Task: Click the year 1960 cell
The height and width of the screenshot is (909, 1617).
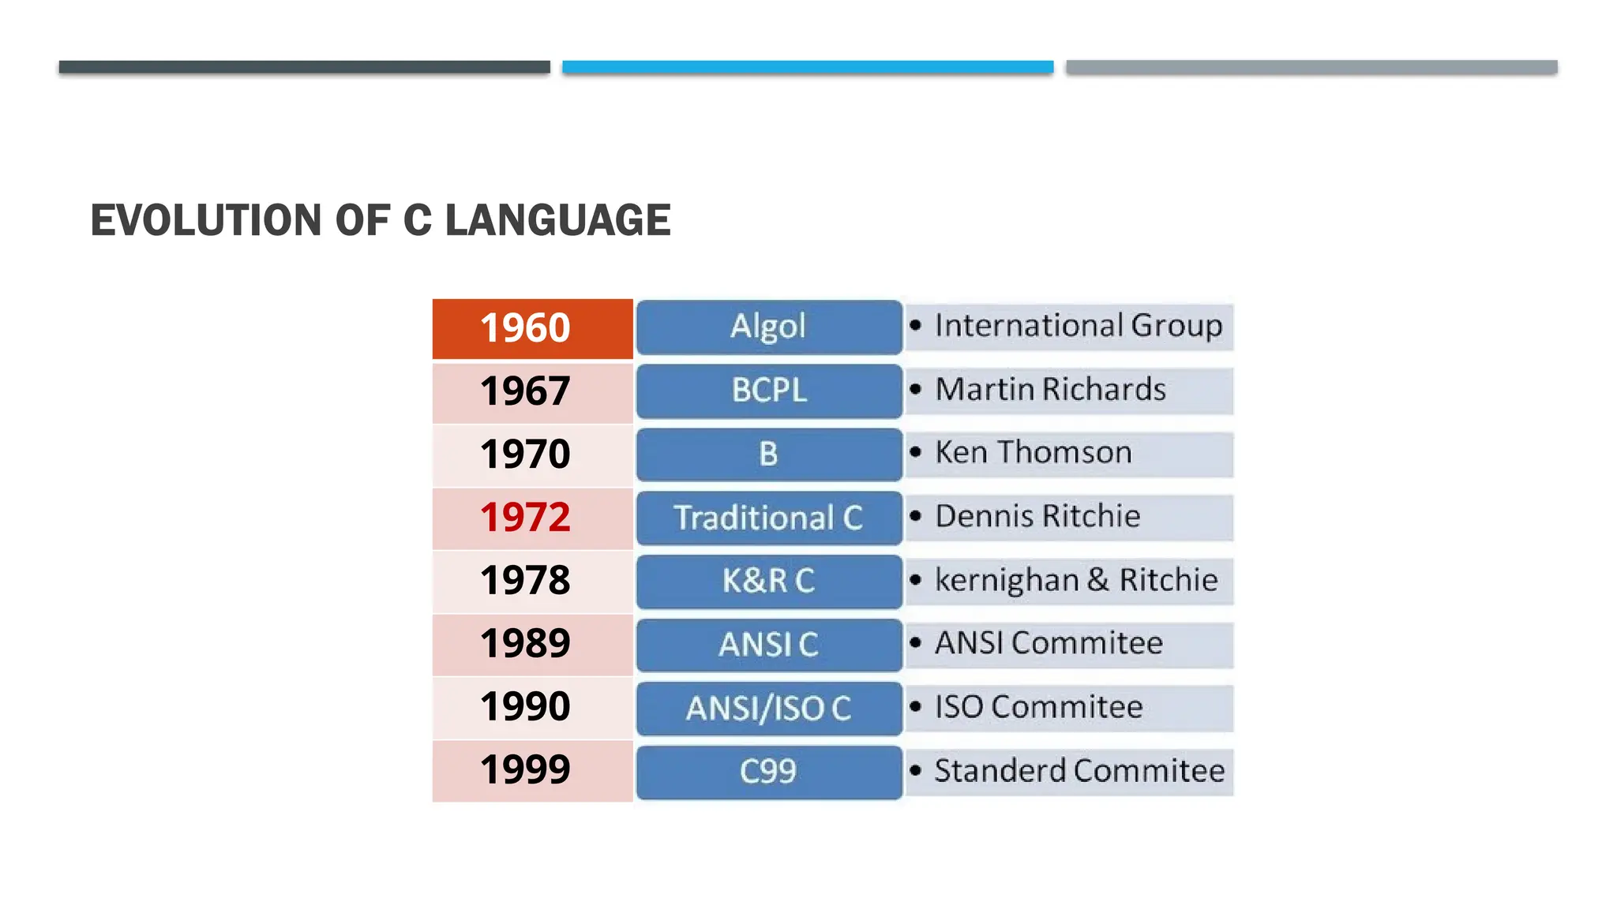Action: pos(526,328)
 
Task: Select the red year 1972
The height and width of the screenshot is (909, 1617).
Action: pos(526,518)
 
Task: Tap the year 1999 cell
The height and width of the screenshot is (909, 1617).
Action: pos(526,770)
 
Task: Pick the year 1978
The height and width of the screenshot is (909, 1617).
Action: pos(526,581)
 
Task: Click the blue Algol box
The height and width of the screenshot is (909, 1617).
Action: pos(768,327)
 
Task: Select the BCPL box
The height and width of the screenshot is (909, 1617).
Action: pos(768,391)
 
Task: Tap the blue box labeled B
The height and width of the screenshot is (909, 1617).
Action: pos(768,454)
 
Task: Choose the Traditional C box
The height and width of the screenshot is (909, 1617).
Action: pos(768,518)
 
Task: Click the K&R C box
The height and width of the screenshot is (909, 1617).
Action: pos(768,582)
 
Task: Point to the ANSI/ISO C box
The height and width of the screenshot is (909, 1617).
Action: pos(768,709)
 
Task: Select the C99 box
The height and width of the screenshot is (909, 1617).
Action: pos(768,772)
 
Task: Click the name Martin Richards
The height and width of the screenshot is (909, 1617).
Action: pos(1050,390)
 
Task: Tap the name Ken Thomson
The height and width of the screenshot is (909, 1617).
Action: pos(1033,453)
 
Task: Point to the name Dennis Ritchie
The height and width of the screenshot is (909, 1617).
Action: pos(1037,517)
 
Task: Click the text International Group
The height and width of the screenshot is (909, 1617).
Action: pos(1079,326)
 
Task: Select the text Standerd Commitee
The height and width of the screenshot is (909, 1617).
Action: pos(1079,771)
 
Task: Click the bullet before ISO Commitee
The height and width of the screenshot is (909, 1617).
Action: pos(915,707)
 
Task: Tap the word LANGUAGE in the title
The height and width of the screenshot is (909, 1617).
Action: pos(557,220)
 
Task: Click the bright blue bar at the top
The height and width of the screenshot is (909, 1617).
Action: pos(808,67)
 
